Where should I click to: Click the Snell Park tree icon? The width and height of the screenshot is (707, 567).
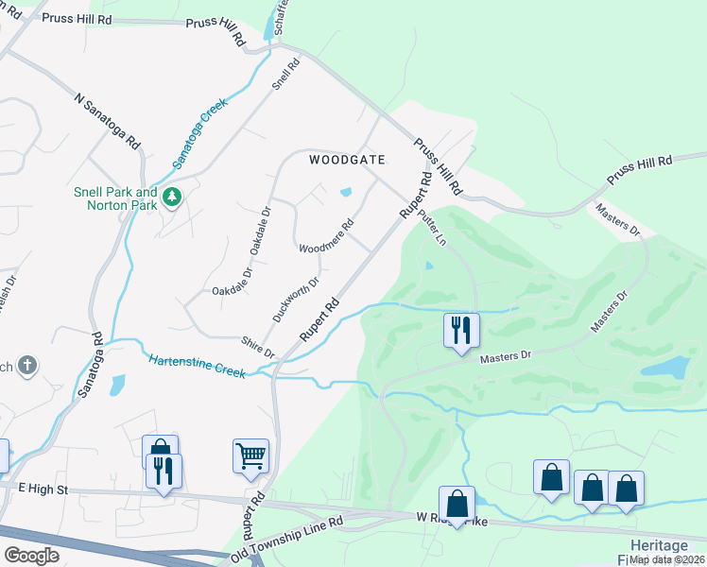[x=171, y=198]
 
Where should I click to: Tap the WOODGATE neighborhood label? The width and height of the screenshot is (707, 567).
[x=348, y=160]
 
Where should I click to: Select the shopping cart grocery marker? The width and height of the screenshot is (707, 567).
[x=250, y=456]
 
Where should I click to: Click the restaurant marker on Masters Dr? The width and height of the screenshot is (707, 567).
[x=461, y=331]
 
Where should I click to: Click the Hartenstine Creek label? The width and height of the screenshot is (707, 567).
[x=198, y=365]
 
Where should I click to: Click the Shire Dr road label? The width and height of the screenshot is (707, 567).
[x=257, y=347]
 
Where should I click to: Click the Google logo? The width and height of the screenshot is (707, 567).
[x=32, y=556]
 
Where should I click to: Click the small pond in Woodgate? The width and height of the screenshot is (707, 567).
[x=346, y=192]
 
